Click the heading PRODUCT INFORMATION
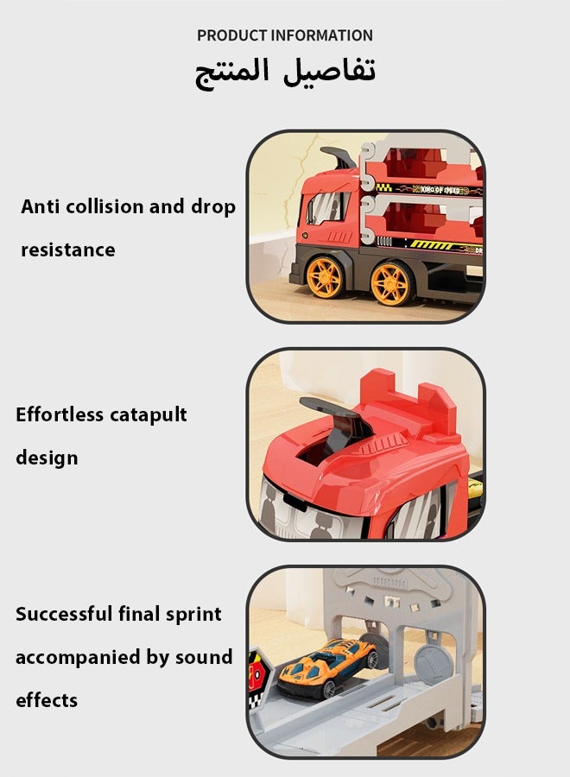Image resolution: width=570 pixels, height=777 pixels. (285, 35)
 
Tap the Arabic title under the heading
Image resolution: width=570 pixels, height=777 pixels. (285, 72)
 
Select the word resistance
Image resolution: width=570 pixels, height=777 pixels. (67, 250)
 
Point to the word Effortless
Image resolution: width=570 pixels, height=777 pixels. (60, 414)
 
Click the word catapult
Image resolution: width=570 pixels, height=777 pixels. (149, 415)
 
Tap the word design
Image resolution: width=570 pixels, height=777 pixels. (47, 458)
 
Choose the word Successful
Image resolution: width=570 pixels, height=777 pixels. (64, 615)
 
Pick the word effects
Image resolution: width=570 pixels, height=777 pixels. (47, 700)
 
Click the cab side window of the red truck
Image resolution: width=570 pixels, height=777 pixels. (325, 209)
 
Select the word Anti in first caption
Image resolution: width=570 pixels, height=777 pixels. (40, 207)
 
